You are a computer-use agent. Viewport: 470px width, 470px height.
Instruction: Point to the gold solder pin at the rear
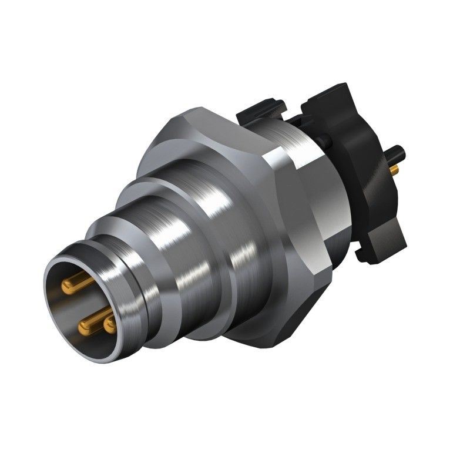(x=394, y=170)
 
